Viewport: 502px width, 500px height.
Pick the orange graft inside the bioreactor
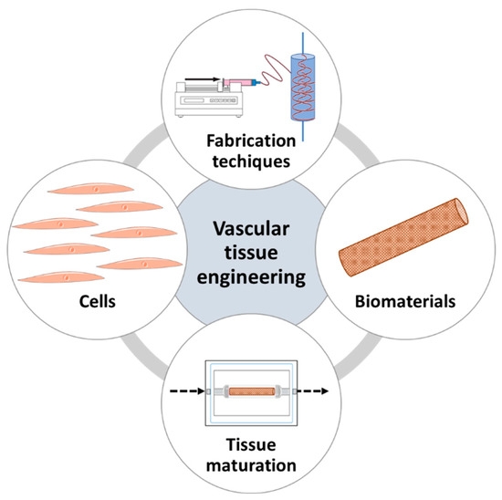(x=251, y=392)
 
